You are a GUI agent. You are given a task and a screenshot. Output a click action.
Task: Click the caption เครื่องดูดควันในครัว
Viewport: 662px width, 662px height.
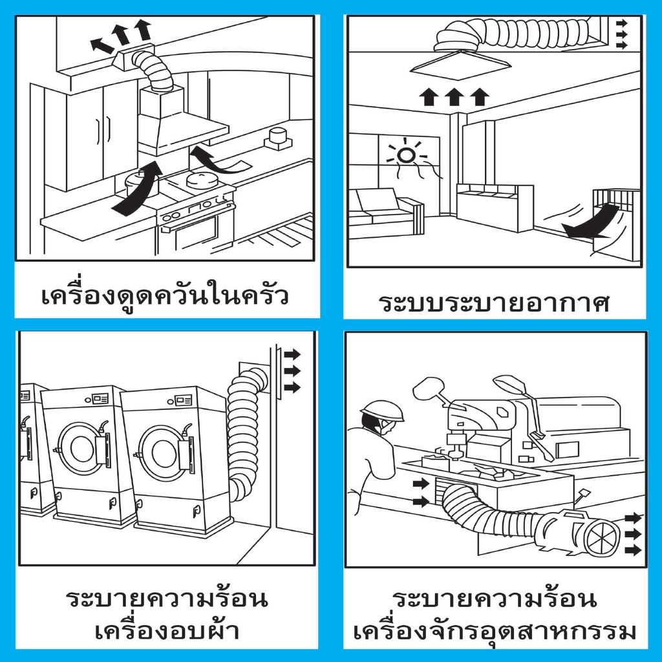(x=165, y=297)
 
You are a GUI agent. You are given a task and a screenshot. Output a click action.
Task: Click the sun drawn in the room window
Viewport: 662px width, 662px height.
(x=405, y=155)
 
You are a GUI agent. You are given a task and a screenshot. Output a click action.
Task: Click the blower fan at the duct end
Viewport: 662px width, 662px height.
(x=585, y=533)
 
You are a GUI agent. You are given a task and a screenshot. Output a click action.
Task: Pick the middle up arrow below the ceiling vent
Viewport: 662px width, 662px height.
(x=453, y=97)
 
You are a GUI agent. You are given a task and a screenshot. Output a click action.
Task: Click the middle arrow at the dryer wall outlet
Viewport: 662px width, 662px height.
(x=293, y=370)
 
